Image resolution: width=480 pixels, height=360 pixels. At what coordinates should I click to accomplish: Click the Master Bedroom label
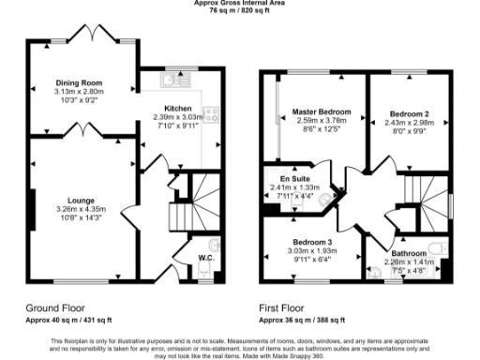pos(320,112)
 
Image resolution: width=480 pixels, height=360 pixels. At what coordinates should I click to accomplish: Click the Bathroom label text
pos(409,254)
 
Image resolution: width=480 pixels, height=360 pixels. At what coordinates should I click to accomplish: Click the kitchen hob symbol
pos(213,114)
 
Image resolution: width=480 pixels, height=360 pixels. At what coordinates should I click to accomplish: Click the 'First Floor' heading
pos(282,307)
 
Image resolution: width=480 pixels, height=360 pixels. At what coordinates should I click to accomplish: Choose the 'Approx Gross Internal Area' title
pos(241,5)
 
